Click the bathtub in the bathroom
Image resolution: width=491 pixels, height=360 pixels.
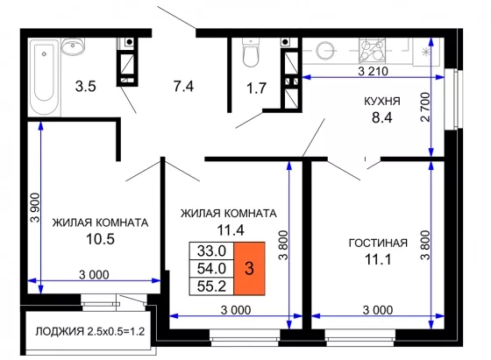click(44, 77)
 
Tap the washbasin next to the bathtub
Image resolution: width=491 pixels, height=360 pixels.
click(73, 46)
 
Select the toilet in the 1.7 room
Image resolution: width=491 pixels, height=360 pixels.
click(251, 53)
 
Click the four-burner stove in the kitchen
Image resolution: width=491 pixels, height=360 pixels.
click(372, 50)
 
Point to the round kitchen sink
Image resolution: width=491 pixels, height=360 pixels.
click(325, 51)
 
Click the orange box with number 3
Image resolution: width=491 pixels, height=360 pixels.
click(249, 268)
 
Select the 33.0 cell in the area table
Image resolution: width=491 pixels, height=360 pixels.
click(211, 251)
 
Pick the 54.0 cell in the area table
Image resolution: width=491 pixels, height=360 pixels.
click(211, 268)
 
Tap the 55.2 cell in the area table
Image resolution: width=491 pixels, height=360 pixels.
click(211, 286)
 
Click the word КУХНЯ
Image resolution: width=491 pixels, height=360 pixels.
click(382, 102)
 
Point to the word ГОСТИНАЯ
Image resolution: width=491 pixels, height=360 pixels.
click(378, 243)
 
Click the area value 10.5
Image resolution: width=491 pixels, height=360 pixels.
click(100, 239)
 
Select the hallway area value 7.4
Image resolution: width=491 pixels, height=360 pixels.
click(184, 86)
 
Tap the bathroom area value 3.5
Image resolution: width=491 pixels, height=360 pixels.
click(86, 87)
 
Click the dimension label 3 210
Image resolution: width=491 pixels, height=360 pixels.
click(373, 71)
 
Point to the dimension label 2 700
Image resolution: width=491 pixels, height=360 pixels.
click(425, 107)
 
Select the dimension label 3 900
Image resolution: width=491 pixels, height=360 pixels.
click(35, 208)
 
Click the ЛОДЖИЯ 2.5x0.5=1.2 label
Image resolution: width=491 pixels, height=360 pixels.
click(90, 331)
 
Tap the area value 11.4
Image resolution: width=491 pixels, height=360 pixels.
click(231, 230)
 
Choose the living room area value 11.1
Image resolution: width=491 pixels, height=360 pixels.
click(378, 259)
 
